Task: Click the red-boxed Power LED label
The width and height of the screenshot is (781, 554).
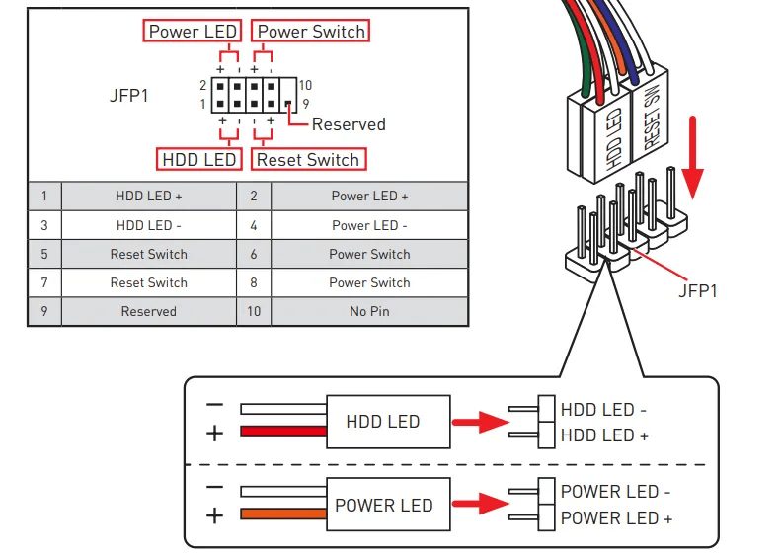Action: [193, 32]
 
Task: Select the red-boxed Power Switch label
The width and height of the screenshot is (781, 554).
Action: [311, 32]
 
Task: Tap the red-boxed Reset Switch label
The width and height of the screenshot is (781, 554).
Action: [308, 159]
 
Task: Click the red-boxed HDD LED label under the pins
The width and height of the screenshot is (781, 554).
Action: [198, 159]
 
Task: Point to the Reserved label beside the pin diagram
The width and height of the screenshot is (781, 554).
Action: [349, 124]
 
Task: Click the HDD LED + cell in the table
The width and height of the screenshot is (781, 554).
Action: [148, 197]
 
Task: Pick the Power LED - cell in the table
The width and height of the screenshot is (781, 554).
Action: [369, 225]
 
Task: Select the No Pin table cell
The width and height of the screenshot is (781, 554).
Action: [369, 311]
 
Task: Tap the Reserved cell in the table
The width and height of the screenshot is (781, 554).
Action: [148, 311]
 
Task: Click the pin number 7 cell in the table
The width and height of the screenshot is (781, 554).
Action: [44, 282]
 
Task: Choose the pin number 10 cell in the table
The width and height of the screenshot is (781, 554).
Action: [254, 311]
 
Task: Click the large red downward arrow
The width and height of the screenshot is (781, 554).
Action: [693, 158]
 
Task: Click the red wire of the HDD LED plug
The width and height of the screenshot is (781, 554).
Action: [283, 432]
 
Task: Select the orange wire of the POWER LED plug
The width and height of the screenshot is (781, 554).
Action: [283, 514]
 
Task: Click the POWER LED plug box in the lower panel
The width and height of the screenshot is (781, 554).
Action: [384, 505]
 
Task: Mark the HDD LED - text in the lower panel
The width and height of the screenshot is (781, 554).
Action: [604, 409]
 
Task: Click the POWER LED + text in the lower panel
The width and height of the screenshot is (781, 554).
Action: [616, 517]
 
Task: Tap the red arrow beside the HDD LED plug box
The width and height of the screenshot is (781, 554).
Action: [472, 423]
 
